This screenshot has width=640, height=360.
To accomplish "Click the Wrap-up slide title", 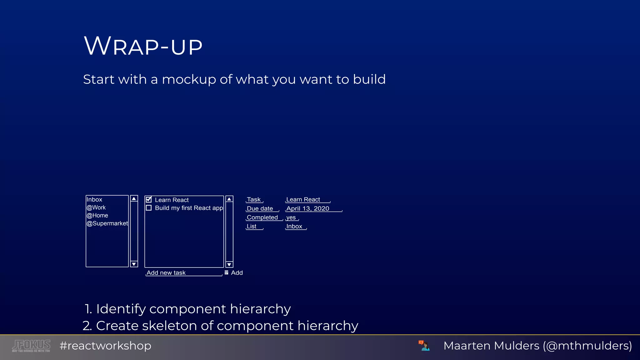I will (143, 46).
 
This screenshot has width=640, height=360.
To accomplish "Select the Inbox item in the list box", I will (94, 200).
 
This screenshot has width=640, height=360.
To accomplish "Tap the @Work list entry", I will (96, 207).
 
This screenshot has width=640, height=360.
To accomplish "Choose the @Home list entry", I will (97, 216).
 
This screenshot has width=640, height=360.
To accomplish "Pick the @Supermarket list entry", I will (107, 223).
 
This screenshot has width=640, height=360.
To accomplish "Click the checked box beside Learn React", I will (149, 200).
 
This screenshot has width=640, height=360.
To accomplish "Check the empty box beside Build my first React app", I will (149, 208).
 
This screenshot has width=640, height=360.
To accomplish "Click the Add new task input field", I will (184, 273).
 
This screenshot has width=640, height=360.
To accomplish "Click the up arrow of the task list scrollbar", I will (229, 199).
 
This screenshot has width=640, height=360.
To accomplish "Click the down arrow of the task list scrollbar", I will (229, 264).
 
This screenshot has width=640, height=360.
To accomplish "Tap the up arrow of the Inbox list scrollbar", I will (134, 199).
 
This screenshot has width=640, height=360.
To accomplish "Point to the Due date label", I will (260, 209).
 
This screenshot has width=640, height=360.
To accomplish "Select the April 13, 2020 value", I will (308, 209).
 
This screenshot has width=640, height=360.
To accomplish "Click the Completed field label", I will (262, 217).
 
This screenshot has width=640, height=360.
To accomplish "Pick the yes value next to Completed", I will (291, 217).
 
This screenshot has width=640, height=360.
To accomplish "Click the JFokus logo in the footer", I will (31, 346).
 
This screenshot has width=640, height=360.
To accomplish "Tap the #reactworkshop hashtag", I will (105, 346).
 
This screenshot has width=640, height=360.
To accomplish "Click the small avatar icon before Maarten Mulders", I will (424, 346).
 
